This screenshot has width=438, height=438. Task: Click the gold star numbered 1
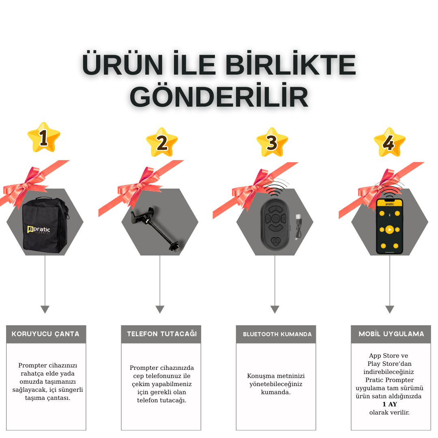point(44,137)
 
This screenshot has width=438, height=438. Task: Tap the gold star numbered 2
point(162,142)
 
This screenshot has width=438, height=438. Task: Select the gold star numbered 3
point(272,142)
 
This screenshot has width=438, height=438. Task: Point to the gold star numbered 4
point(390,142)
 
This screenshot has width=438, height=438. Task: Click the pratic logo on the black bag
point(39,230)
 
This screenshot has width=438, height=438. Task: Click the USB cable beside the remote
point(298,227)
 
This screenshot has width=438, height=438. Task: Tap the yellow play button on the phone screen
point(389,230)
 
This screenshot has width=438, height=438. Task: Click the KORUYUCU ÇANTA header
point(45,334)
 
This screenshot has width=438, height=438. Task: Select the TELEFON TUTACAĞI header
point(162,333)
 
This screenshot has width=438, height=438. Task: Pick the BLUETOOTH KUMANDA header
point(277,334)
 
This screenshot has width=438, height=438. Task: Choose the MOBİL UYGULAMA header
point(391,333)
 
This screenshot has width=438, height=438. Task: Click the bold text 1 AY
point(390,404)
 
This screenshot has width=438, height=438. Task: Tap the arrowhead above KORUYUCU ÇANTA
point(45,309)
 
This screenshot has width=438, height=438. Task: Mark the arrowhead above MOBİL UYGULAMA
point(390,309)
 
